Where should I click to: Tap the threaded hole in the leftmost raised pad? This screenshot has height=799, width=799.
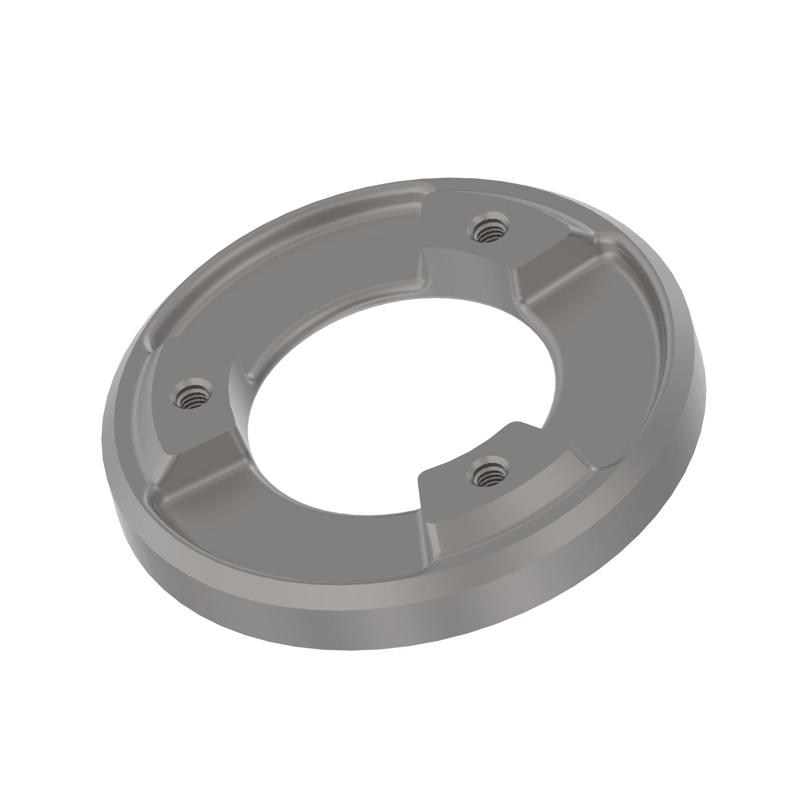pos(191,394)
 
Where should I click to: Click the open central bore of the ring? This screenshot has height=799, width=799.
pos(397,397)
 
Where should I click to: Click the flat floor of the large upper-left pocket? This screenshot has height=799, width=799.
pos(331,285)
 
